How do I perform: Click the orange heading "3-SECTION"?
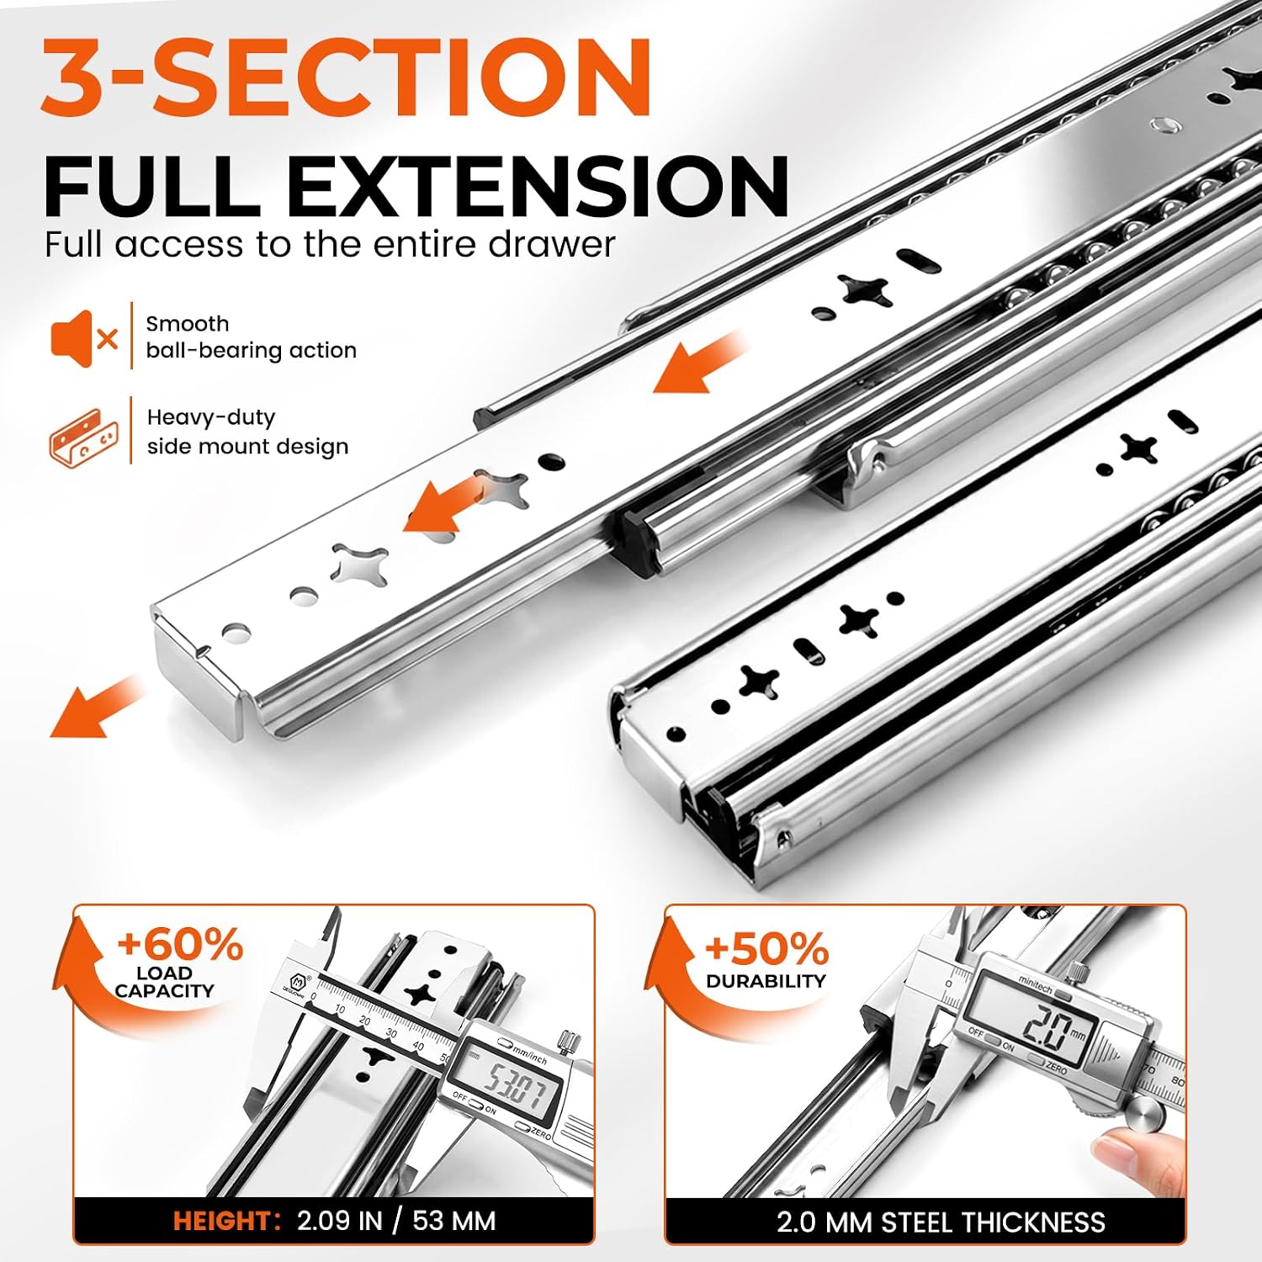click(347, 77)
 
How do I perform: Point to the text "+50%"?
click(766, 949)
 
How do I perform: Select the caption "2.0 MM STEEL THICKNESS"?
click(941, 1222)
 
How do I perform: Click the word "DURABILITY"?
click(766, 981)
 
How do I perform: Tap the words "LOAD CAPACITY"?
click(164, 982)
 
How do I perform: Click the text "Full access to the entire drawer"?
click(330, 245)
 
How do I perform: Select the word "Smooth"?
click(188, 324)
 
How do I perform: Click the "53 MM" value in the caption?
click(454, 1221)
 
